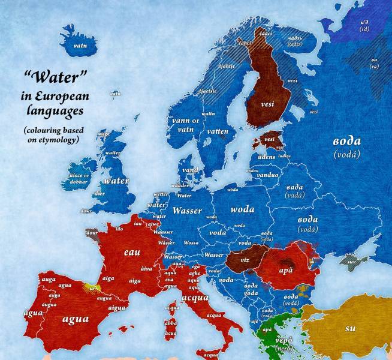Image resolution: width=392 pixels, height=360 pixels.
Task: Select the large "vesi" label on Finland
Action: (x=269, y=104)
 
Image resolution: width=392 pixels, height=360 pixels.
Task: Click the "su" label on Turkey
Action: (x=350, y=328)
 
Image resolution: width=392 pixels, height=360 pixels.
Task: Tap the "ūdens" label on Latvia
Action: (x=265, y=156)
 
